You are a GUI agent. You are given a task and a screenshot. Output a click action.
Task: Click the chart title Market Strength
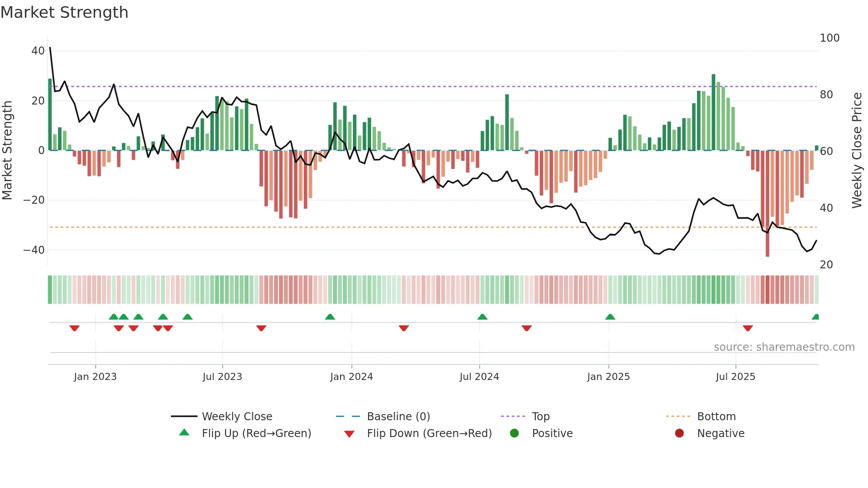tap(64, 12)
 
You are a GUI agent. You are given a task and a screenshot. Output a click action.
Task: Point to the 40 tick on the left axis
tap(38, 51)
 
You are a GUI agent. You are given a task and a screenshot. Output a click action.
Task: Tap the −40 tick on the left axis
tap(34, 250)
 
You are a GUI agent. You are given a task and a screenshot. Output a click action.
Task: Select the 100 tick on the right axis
tap(829, 38)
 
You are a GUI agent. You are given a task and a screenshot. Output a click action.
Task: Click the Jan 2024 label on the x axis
tap(351, 377)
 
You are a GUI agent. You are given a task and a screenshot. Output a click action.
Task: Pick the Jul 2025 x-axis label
tap(735, 377)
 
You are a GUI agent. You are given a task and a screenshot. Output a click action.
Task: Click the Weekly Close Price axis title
tap(857, 151)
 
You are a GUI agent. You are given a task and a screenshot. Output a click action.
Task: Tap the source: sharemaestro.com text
tap(784, 347)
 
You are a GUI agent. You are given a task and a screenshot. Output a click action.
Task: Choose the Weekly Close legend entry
tap(236, 417)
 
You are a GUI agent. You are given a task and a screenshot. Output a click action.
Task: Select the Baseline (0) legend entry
tap(398, 417)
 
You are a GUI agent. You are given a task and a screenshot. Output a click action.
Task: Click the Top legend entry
tap(540, 417)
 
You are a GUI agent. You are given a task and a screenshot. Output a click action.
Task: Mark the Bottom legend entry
tap(716, 417)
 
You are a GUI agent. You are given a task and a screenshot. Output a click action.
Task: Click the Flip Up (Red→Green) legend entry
tap(256, 434)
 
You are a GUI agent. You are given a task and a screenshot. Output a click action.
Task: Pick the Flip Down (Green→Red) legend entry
tap(429, 434)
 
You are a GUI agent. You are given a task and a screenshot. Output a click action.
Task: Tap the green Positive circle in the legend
tap(514, 433)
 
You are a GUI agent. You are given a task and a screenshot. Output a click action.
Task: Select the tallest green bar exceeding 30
tap(713, 111)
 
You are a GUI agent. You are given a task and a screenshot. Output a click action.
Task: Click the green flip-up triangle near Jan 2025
tap(610, 317)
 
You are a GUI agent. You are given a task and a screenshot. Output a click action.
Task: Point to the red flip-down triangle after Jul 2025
tap(748, 328)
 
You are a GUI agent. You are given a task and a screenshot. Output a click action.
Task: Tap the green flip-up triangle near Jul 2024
tap(482, 317)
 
